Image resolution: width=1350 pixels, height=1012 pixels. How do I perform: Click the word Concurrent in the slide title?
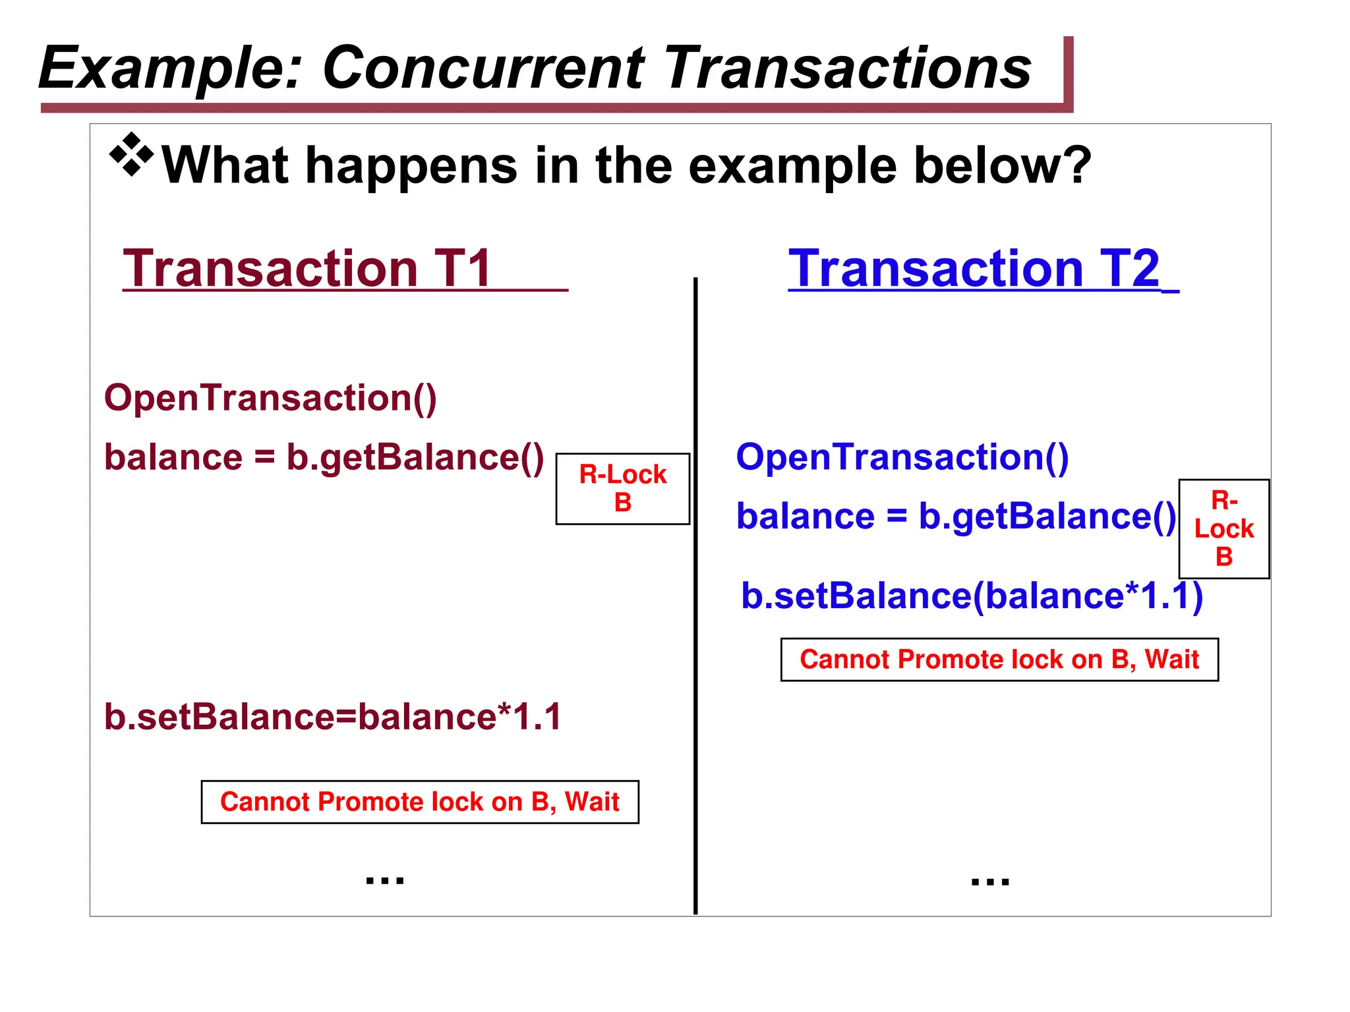(x=483, y=68)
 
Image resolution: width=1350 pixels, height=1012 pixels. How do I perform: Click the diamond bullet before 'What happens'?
(x=131, y=155)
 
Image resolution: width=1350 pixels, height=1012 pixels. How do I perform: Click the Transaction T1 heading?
(x=307, y=268)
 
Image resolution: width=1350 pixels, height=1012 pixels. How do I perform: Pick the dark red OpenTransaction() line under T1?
(x=270, y=398)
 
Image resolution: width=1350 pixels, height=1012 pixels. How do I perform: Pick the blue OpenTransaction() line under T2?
(x=902, y=457)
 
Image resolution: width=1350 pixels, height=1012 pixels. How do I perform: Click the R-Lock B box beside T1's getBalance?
(x=622, y=488)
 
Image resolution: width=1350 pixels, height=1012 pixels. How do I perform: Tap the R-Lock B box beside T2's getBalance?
(x=1223, y=528)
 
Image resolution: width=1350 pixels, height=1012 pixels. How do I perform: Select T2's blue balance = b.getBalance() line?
(x=956, y=517)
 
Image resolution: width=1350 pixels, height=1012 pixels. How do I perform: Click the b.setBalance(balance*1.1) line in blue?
(x=972, y=596)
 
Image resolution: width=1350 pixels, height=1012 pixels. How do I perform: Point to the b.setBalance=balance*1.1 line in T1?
(x=333, y=717)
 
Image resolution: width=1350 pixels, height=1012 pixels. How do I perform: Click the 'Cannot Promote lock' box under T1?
(x=420, y=802)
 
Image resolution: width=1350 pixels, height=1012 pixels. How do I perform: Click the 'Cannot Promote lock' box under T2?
(x=999, y=660)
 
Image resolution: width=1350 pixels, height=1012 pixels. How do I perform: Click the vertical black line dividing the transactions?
(x=695, y=593)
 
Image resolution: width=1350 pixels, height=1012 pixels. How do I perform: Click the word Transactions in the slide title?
(x=848, y=68)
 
